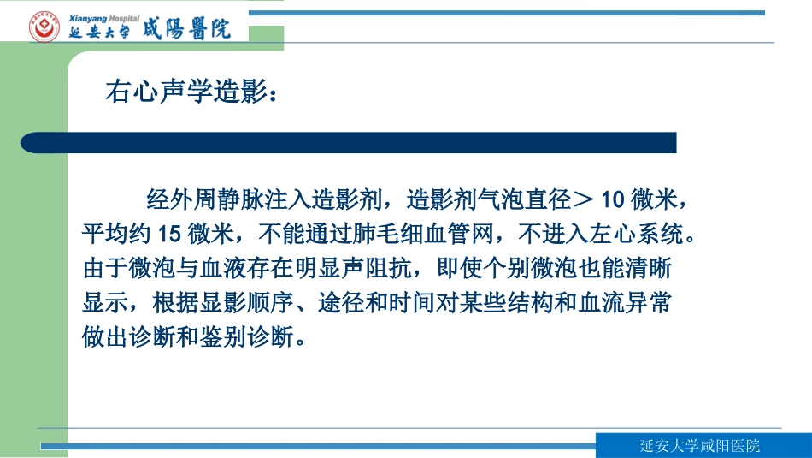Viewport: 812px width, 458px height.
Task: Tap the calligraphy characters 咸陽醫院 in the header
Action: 192,30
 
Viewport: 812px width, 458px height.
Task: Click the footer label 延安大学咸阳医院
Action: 700,446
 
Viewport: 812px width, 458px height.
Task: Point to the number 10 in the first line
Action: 613,200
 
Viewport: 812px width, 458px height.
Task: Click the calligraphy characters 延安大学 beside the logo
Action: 100,33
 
